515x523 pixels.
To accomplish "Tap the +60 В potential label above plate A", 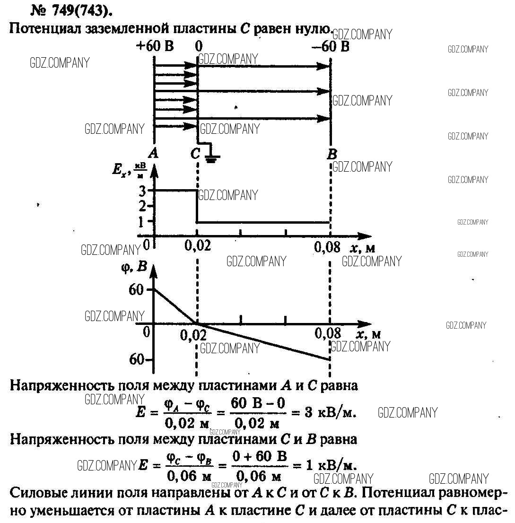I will point(155,46).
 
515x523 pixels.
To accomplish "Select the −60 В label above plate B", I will point(331,46).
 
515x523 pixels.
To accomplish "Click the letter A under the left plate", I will point(153,152).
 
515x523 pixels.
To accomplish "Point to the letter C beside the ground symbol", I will point(195,153).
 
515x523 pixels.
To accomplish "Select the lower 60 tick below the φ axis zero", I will point(137,359).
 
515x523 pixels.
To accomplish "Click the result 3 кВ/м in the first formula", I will point(330,412).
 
